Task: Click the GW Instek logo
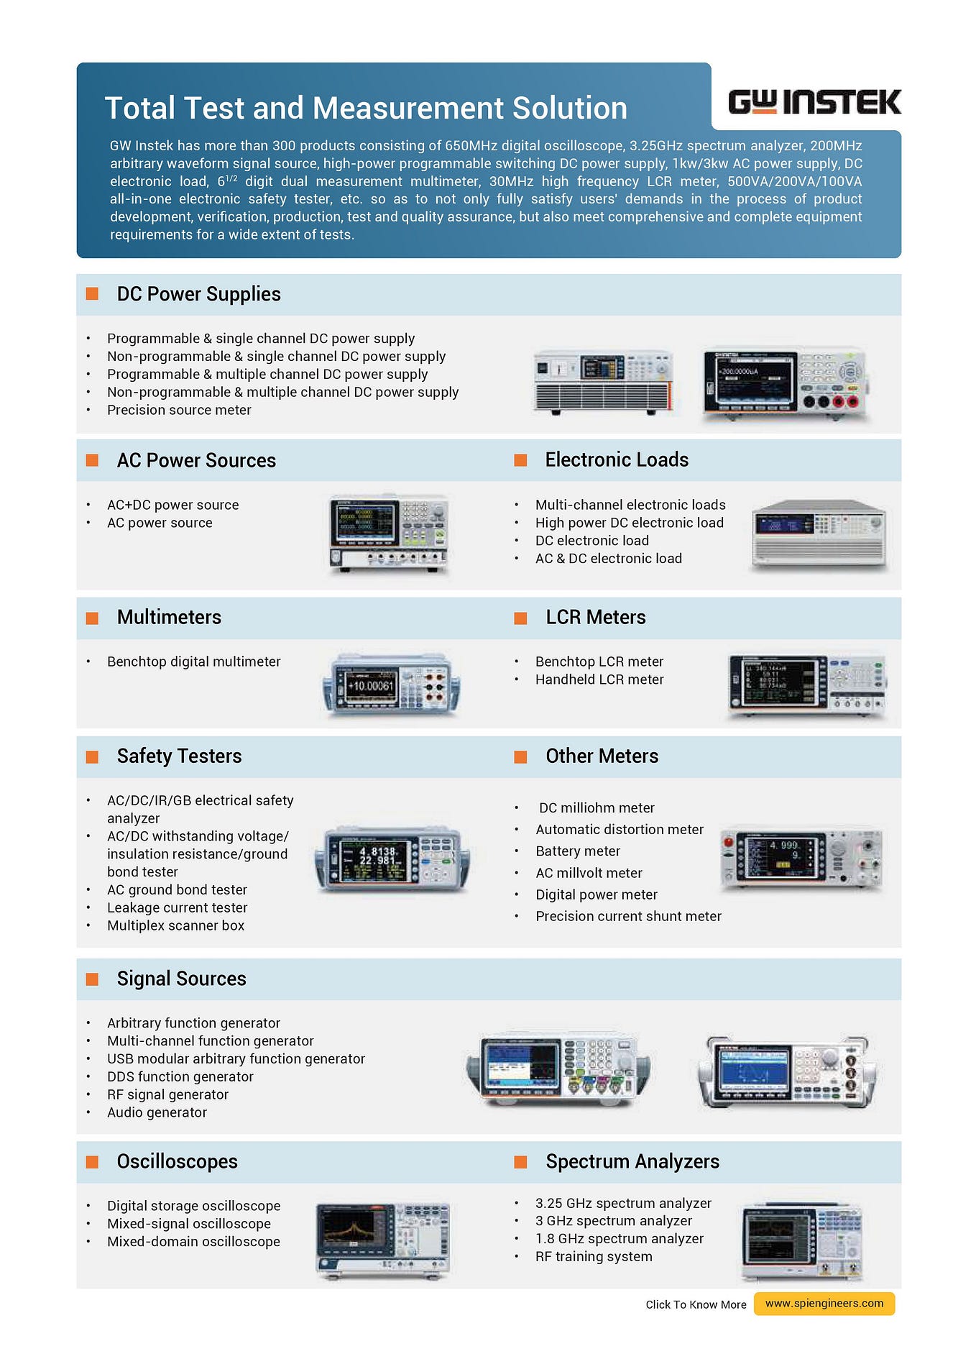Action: click(814, 102)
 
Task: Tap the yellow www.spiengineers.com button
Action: click(824, 1303)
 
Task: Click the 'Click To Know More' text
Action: click(696, 1304)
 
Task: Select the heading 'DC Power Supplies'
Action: click(198, 294)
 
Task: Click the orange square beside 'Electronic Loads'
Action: click(521, 460)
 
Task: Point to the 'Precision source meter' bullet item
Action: click(179, 410)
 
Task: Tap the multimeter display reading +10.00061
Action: click(371, 686)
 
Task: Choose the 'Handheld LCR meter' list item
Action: click(599, 679)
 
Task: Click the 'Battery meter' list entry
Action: click(578, 851)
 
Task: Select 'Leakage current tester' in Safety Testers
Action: click(177, 907)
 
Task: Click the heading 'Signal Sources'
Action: click(181, 979)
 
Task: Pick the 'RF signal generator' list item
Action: click(167, 1094)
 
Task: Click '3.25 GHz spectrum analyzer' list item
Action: click(623, 1203)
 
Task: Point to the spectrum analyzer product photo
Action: click(802, 1241)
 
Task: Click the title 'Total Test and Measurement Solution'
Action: click(366, 109)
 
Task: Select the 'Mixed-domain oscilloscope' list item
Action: click(193, 1242)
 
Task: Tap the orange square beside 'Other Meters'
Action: click(521, 756)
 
